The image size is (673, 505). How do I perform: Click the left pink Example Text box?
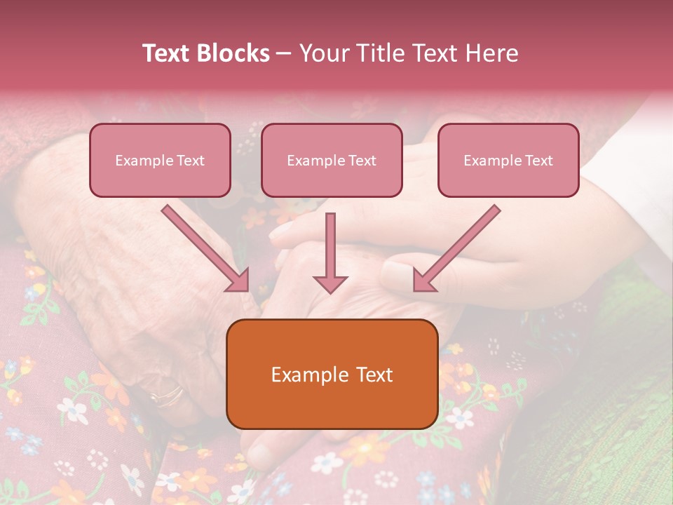(x=160, y=160)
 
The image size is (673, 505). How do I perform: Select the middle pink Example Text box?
(x=332, y=160)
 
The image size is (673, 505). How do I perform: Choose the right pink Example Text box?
(x=508, y=160)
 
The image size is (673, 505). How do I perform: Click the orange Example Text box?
(x=332, y=374)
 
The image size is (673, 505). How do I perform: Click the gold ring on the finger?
(x=167, y=394)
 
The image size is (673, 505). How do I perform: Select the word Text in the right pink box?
(x=539, y=160)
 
